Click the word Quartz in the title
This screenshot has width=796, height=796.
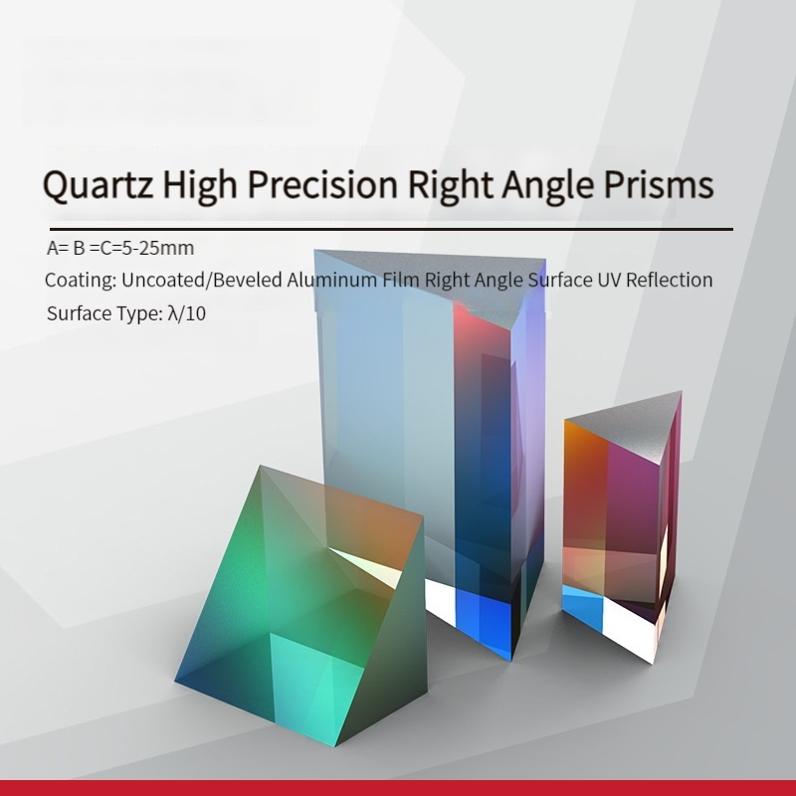pos(98,185)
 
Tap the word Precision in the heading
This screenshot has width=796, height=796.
pos(322,184)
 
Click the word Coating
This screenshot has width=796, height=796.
pos(81,281)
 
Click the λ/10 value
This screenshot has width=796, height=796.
pos(186,313)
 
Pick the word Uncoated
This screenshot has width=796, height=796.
pos(161,280)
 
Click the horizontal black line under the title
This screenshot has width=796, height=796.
pos(391,230)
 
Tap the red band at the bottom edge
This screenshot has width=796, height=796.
pos(398,788)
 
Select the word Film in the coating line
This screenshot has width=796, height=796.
pos(401,280)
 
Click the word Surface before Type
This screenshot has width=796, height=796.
pos(79,313)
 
